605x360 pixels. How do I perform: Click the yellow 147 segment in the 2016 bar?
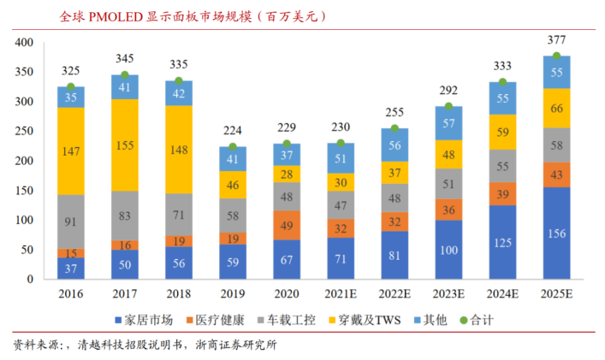(x=70, y=150)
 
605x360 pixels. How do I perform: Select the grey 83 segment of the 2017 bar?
(x=124, y=215)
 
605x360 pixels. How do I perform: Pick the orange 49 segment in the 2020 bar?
(x=287, y=225)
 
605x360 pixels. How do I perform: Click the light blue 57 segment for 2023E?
(x=448, y=123)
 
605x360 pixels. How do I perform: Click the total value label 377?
(x=556, y=40)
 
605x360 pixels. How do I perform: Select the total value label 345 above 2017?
(x=124, y=58)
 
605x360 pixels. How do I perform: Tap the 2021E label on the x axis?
(x=341, y=293)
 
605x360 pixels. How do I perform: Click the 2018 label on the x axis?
(x=178, y=293)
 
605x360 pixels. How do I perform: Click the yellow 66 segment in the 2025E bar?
(x=556, y=109)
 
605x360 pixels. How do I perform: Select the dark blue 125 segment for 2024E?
(x=502, y=242)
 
